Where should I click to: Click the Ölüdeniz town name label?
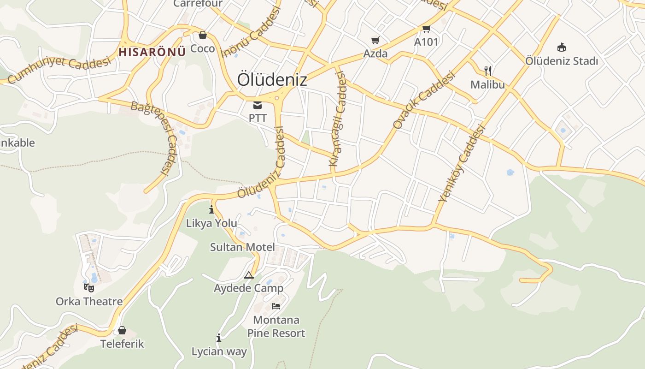(x=272, y=80)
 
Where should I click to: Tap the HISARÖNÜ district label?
(x=152, y=52)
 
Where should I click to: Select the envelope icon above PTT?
(x=258, y=106)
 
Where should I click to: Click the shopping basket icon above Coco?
(x=202, y=36)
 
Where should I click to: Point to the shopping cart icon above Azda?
(x=375, y=41)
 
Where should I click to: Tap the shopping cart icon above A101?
(x=426, y=29)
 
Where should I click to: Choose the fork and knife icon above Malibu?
(x=488, y=71)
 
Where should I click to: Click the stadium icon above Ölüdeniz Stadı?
(x=562, y=47)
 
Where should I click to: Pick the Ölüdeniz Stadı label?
(x=562, y=61)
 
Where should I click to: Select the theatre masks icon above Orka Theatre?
(x=89, y=288)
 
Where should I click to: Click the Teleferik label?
(x=122, y=344)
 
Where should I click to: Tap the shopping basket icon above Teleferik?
(x=122, y=330)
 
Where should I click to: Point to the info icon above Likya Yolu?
(x=211, y=210)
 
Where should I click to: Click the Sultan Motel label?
(x=242, y=247)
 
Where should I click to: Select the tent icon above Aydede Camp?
(x=249, y=275)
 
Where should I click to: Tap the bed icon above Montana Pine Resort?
(x=276, y=306)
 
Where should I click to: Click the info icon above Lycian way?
(x=219, y=338)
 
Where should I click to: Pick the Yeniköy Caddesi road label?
(x=462, y=164)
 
